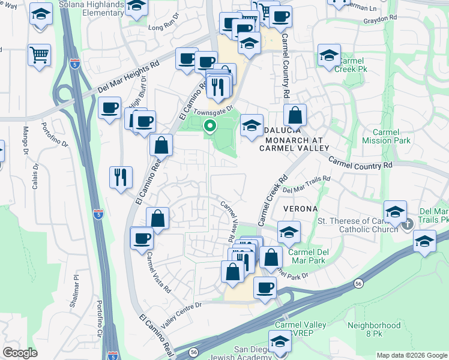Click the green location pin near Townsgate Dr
(210, 126)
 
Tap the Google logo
(20, 353)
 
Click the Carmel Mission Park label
(387, 136)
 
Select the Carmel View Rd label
(228, 221)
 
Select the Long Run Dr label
(164, 27)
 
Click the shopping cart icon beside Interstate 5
(39, 56)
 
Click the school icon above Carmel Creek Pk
(329, 56)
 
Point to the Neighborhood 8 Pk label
(374, 329)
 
